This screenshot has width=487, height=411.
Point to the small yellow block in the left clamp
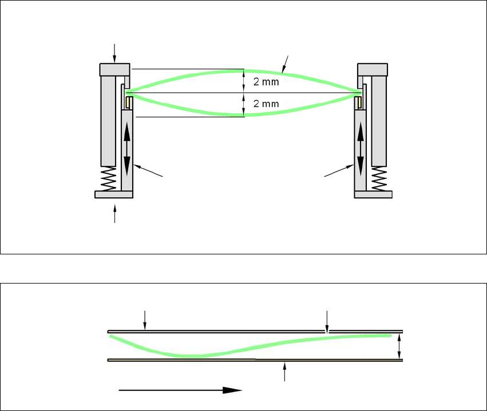129,102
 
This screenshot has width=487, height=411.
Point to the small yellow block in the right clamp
358,102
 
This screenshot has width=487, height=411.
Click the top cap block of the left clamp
115,69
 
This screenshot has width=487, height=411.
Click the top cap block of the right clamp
373,69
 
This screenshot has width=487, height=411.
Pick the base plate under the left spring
114,194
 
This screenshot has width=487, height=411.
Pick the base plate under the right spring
373,194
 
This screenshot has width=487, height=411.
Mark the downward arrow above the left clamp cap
115,53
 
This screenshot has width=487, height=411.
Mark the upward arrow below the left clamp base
115,214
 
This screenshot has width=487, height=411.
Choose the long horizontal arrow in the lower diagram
180,390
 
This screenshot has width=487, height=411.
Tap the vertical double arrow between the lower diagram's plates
399,345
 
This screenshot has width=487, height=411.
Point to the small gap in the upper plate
327,331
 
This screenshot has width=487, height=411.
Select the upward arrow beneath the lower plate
285,372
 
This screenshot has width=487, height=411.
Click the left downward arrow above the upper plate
145,320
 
